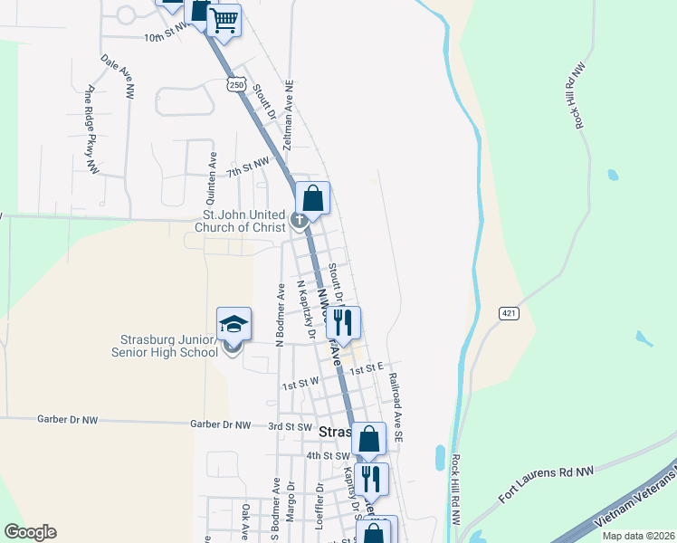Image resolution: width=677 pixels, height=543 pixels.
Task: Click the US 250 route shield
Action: (x=235, y=84)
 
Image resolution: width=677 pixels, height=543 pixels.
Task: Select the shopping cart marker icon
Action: (x=224, y=19)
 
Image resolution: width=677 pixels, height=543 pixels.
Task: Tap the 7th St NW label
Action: (x=248, y=165)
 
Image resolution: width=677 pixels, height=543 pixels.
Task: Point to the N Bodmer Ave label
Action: (x=281, y=317)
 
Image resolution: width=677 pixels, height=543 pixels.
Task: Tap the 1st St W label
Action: (x=300, y=383)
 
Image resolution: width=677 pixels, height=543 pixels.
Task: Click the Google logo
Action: (x=30, y=532)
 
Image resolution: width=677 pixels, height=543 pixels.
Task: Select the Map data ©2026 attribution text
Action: (x=637, y=536)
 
